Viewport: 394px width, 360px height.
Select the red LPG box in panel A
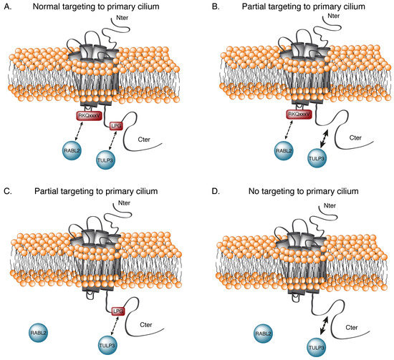[117, 126]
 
